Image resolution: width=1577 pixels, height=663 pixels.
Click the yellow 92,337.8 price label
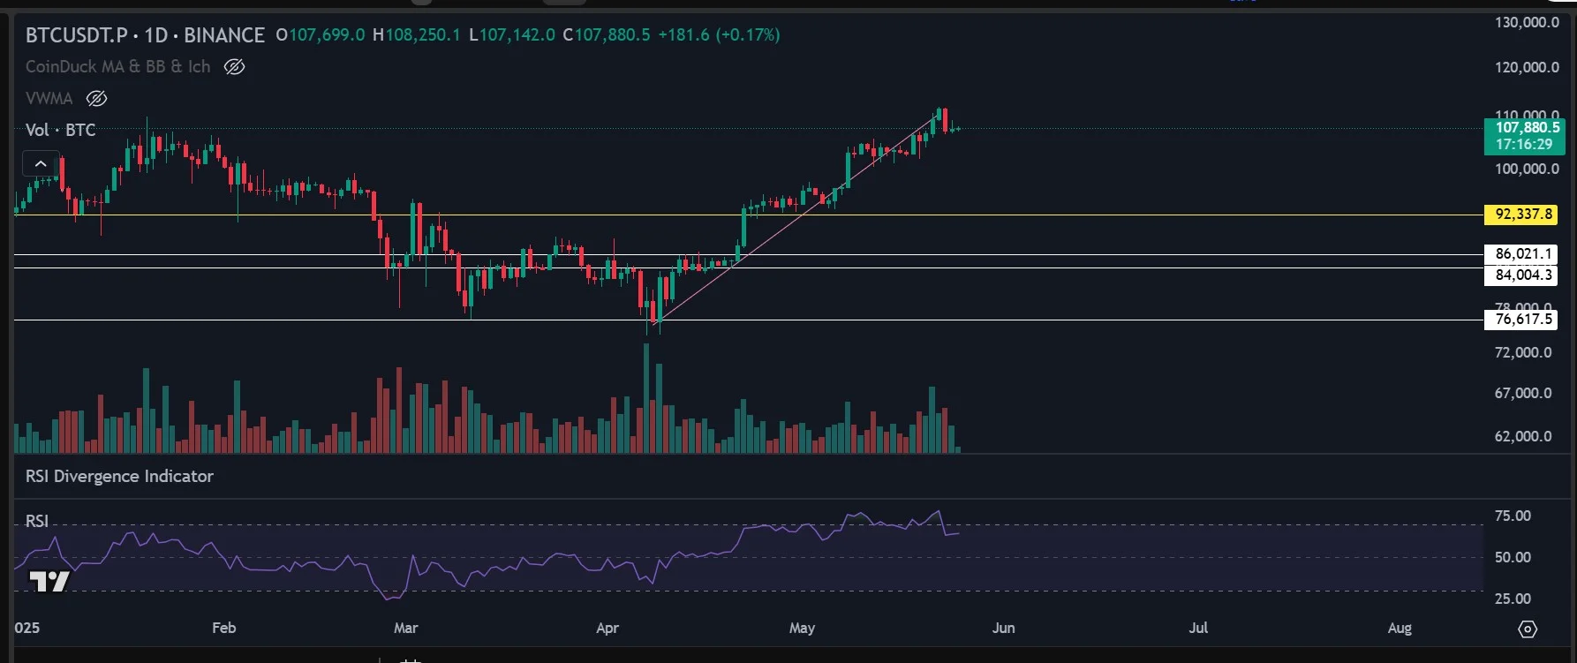tap(1522, 215)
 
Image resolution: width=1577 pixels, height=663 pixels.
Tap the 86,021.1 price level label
tap(1522, 254)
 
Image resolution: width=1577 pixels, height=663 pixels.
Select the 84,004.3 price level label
tap(1522, 275)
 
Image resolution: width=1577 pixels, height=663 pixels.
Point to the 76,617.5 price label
tap(1522, 320)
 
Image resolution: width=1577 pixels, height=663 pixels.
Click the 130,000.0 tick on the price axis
tap(1527, 23)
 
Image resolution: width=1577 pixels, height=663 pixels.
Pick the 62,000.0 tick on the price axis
tap(1522, 436)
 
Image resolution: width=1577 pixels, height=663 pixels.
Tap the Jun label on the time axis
tap(1003, 628)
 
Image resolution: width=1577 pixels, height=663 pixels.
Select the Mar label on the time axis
tap(405, 628)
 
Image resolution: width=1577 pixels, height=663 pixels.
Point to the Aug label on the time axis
tap(1400, 628)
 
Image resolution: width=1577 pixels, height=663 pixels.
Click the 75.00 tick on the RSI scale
tap(1513, 516)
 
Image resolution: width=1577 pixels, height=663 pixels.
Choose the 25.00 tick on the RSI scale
tap(1513, 599)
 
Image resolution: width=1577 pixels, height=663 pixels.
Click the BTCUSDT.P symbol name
tap(76, 35)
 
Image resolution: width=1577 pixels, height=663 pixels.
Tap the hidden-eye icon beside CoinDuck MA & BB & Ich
tap(234, 67)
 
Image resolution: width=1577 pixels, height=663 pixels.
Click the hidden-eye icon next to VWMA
tap(96, 99)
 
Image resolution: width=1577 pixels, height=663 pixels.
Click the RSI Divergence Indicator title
tap(119, 477)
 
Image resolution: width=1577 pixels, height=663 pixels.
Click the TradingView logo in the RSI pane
tap(49, 582)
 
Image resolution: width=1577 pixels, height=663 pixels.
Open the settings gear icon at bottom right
tap(1527, 629)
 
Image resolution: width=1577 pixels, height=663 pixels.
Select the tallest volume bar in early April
tap(646, 397)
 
